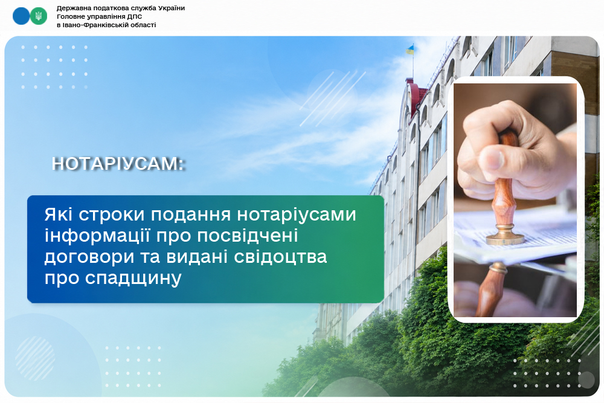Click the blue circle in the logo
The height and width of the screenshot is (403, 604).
(21, 16)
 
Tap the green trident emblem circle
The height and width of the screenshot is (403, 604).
(39, 16)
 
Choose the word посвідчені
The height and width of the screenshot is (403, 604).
(247, 236)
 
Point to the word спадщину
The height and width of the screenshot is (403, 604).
(133, 278)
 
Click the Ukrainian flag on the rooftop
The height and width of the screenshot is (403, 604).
(410, 50)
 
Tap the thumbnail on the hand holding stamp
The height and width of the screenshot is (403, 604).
(492, 158)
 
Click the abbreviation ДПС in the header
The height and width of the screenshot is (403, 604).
(135, 16)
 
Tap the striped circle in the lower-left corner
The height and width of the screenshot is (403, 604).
(35, 358)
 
